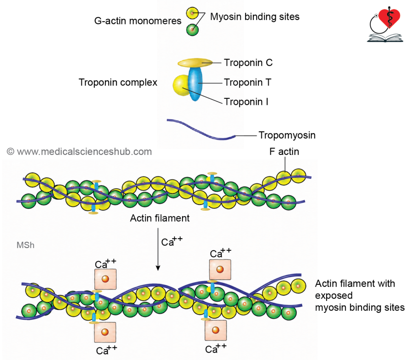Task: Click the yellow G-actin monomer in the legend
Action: point(192,13)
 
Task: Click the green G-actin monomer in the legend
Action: point(192,30)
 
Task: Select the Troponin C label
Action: point(248,63)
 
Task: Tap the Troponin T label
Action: point(247,82)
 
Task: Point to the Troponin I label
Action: point(246,102)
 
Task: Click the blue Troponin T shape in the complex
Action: point(195,83)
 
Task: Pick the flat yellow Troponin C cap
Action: point(195,63)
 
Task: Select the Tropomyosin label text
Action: point(287,135)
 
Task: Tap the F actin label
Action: point(284,152)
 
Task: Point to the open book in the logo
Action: point(385,38)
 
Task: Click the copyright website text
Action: point(79,152)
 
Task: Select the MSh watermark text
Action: point(26,245)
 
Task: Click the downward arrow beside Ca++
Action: point(158,249)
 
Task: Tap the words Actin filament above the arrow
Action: point(160,218)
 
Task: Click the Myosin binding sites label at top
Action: point(255,17)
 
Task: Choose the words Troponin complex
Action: point(118,82)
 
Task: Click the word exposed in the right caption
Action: point(334,295)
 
